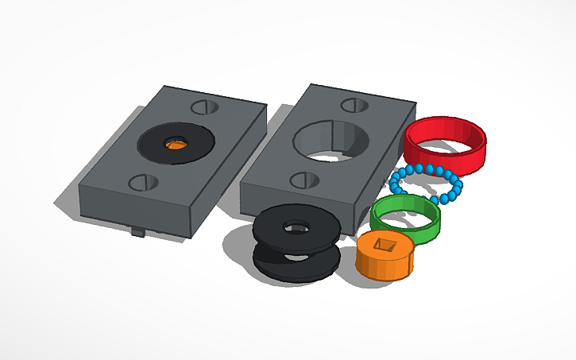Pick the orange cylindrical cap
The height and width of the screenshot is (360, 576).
click(x=385, y=262)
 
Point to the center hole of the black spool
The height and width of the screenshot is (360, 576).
click(x=296, y=227)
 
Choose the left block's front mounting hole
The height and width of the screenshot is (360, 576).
click(x=143, y=182)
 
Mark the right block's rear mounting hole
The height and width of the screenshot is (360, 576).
click(x=354, y=105)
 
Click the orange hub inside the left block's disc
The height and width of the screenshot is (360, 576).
click(x=175, y=144)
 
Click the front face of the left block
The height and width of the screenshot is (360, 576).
click(x=135, y=211)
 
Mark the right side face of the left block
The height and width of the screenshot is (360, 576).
click(x=230, y=175)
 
